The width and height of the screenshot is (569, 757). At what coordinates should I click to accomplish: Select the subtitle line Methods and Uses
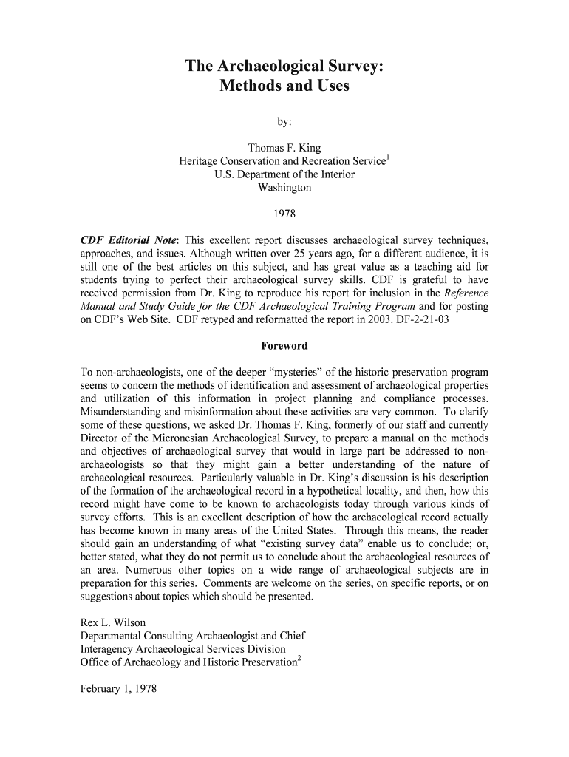pyautogui.click(x=284, y=86)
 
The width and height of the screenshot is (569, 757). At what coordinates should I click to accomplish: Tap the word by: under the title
pyautogui.click(x=284, y=122)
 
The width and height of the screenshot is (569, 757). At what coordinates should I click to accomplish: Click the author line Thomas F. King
pyautogui.click(x=284, y=148)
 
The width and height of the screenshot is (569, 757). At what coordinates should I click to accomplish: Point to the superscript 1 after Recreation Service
pyautogui.click(x=389, y=158)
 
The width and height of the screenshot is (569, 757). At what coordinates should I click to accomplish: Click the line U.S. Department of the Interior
pyautogui.click(x=284, y=174)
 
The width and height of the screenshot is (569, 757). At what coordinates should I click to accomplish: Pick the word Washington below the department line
pyautogui.click(x=284, y=188)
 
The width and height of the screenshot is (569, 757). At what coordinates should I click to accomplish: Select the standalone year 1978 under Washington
pyautogui.click(x=284, y=214)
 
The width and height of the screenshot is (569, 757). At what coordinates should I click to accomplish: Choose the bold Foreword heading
pyautogui.click(x=284, y=346)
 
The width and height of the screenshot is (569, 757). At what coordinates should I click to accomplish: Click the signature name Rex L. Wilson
pyautogui.click(x=114, y=622)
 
